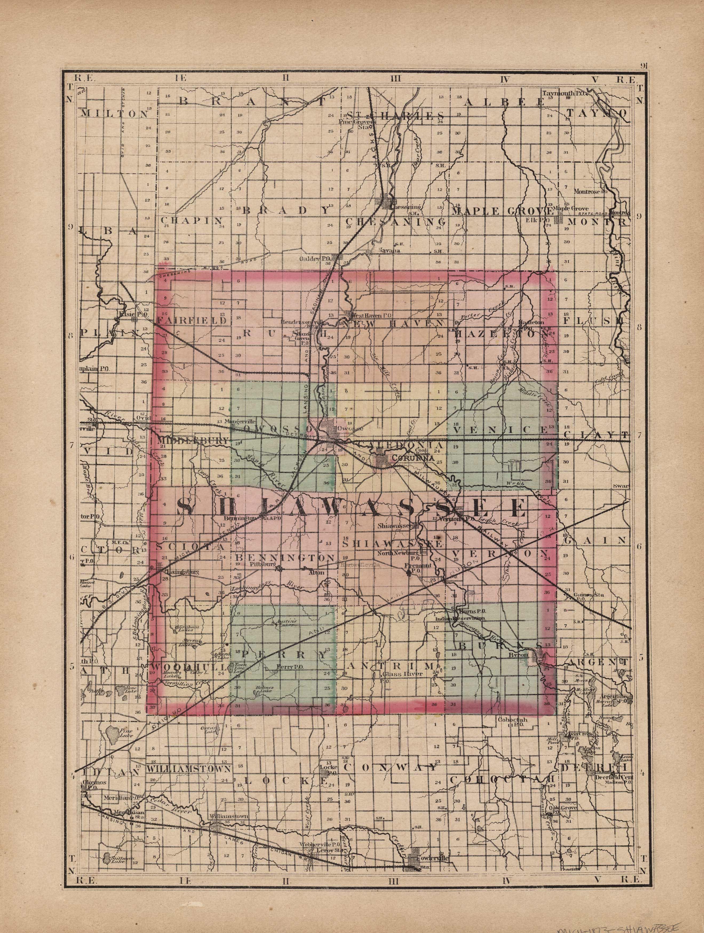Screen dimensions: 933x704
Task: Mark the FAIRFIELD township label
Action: pos(192,321)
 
